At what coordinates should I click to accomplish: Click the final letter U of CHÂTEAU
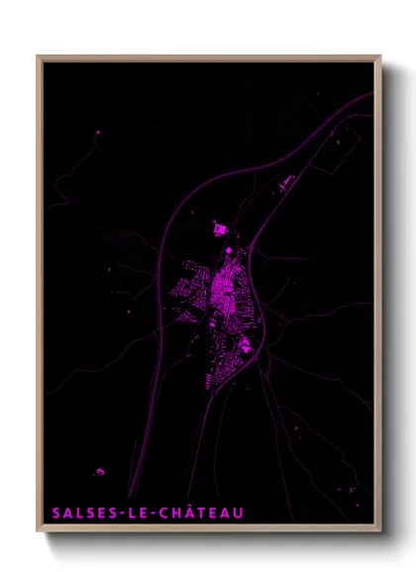click(x=238, y=513)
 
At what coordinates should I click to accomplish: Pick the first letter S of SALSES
click(x=55, y=513)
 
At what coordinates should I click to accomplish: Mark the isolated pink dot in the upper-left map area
click(x=97, y=132)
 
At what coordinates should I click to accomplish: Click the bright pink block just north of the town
click(x=219, y=230)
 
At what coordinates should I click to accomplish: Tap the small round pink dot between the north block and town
click(x=230, y=248)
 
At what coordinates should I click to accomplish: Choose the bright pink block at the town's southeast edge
click(x=244, y=345)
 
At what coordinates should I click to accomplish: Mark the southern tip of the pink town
click(x=210, y=387)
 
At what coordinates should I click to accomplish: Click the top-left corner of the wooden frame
click(x=39, y=57)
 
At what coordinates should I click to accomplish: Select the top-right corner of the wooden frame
click(x=379, y=57)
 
